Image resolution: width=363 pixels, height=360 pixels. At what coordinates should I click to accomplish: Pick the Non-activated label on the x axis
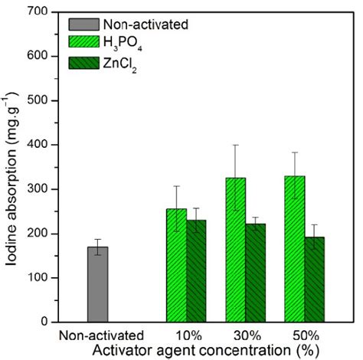(101, 335)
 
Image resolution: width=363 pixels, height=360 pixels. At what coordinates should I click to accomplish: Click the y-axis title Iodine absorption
(13, 166)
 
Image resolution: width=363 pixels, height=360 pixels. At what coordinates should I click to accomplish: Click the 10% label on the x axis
(187, 335)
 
